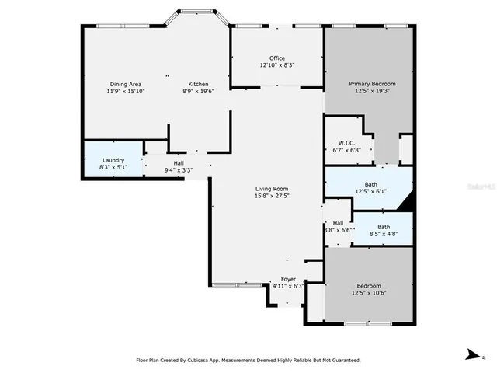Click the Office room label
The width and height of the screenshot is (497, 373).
pyautogui.click(x=277, y=58)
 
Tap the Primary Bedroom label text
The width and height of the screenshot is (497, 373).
pyautogui.click(x=372, y=84)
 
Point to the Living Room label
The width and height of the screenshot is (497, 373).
pyautogui.click(x=273, y=189)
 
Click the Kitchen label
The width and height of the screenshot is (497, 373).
pyautogui.click(x=198, y=84)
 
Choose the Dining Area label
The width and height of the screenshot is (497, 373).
pyautogui.click(x=126, y=84)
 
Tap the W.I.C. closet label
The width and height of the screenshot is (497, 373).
pyautogui.click(x=346, y=143)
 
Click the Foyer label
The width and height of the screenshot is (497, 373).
pyautogui.click(x=287, y=279)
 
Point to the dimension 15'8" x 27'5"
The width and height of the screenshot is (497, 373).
pyautogui.click(x=273, y=196)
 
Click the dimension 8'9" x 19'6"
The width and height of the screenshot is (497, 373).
pyautogui.click(x=198, y=91)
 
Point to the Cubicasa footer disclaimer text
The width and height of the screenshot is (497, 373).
pyautogui.click(x=248, y=361)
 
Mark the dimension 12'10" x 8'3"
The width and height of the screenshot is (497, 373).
pyautogui.click(x=277, y=65)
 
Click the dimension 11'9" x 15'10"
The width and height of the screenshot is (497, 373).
pyautogui.click(x=126, y=91)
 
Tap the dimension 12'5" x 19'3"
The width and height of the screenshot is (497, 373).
pyautogui.click(x=372, y=91)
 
